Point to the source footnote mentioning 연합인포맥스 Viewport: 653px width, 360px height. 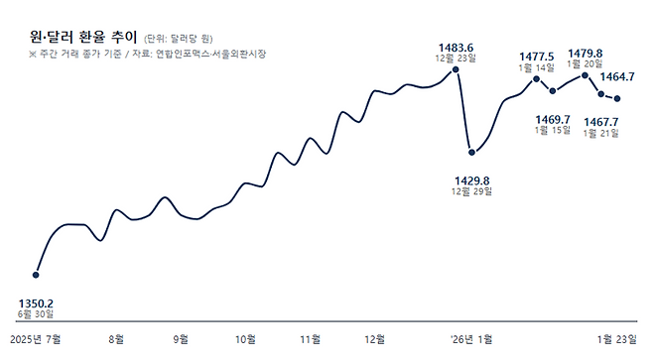[148, 54]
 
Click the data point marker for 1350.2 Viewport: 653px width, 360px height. [37, 275]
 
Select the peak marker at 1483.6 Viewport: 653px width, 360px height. [456, 69]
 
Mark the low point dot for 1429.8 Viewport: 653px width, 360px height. [471, 153]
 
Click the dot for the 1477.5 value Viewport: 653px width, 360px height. [537, 78]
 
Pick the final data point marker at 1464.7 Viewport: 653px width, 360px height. [618, 98]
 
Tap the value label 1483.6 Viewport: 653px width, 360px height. [456, 47]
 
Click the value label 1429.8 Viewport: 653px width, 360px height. [471, 180]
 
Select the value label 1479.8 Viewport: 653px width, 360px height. [585, 54]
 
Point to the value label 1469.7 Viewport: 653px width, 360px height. [552, 119]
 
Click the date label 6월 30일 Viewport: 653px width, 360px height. [37, 313]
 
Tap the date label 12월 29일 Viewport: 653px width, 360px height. [471, 192]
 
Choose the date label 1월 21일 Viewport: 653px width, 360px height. [600, 132]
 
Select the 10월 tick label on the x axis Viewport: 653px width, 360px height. [245, 339]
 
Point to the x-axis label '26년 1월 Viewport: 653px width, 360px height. [471, 339]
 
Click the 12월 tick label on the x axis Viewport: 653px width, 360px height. [374, 339]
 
